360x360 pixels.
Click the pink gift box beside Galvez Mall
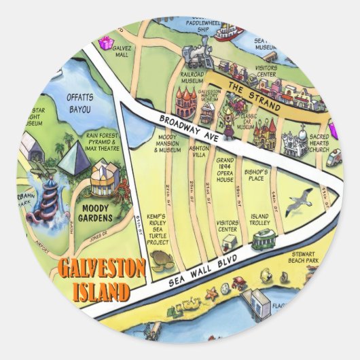pyautogui.click(x=105, y=43)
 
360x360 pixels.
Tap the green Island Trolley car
pyautogui.click(x=262, y=238)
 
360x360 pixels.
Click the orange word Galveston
pyautogui.click(x=101, y=270)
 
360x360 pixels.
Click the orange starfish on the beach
pyautogui.click(x=211, y=293)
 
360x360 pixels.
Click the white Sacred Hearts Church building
pyautogui.click(x=294, y=141)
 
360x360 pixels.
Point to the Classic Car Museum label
pyautogui.click(x=245, y=124)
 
